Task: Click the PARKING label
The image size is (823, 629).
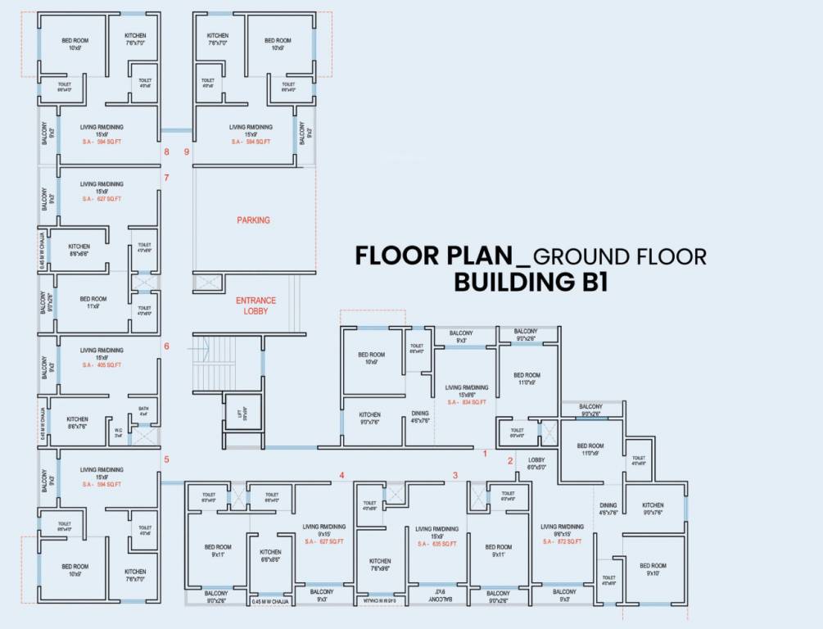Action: [x=253, y=220]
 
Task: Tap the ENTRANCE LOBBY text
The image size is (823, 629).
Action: [x=255, y=305]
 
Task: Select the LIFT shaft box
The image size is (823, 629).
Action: [x=240, y=415]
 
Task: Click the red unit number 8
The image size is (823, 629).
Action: [x=166, y=152]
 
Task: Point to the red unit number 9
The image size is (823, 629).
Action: [x=187, y=152]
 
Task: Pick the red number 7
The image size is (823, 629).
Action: [x=166, y=178]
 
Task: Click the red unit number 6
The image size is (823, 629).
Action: [x=166, y=346]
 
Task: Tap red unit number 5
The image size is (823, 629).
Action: [x=166, y=459]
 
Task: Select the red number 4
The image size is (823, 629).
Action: [x=342, y=476]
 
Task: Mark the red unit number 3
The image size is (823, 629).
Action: [x=455, y=475]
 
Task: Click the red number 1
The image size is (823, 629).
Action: [x=485, y=453]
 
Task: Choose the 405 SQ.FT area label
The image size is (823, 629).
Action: [x=102, y=365]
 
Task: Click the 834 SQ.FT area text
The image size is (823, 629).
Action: [x=467, y=402]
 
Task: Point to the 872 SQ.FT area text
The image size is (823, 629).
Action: [x=562, y=542]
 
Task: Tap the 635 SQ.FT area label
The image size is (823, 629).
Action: [x=436, y=544]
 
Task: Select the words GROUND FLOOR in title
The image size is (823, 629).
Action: [x=619, y=256]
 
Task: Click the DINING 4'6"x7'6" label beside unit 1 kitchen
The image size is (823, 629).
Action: [x=419, y=418]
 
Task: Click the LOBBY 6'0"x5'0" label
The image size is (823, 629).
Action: [x=536, y=464]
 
